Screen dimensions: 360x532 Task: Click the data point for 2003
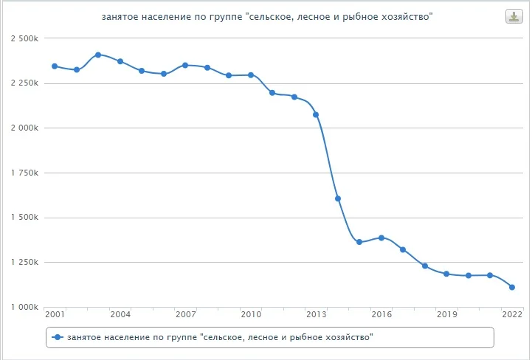pos(98,55)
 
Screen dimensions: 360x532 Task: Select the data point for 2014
pos(337,198)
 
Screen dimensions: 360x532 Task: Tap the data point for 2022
pos(511,287)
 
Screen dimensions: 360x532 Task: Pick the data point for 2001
pos(55,66)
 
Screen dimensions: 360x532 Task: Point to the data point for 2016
pos(381,238)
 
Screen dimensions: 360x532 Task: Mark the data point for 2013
pos(316,114)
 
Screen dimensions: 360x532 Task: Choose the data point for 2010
pos(251,75)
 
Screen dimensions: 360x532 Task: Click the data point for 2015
pos(359,242)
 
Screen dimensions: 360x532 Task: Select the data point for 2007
pos(185,65)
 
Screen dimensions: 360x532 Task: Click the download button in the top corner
pos(513,17)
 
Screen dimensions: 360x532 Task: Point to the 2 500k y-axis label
pos(24,38)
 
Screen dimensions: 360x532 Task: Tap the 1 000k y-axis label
pos(24,307)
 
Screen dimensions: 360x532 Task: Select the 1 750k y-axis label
pos(24,173)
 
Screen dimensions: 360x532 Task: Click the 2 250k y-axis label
pos(24,83)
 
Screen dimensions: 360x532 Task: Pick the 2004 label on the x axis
pos(120,315)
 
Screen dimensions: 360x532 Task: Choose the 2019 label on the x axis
pos(446,315)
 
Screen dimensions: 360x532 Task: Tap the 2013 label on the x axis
pos(316,315)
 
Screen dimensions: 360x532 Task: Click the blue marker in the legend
pos(56,337)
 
